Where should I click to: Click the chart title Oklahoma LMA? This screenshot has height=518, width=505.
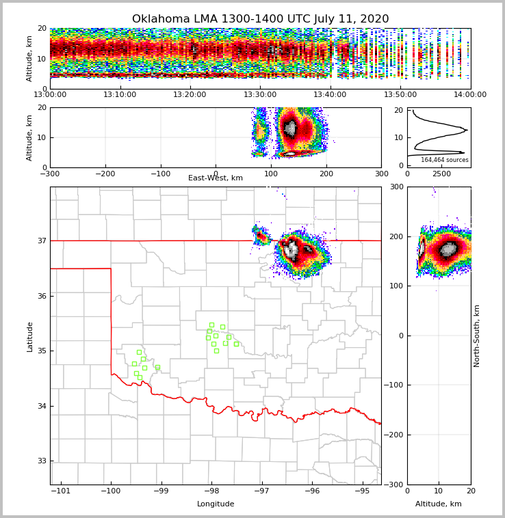260,19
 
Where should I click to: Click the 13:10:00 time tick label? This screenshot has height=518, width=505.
120,94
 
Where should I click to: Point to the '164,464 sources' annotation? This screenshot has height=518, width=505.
444,160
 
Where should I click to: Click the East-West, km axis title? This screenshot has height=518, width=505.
216,178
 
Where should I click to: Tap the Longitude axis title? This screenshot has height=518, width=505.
216,504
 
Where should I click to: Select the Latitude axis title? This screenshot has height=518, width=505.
29,336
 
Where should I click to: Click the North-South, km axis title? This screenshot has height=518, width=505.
477,336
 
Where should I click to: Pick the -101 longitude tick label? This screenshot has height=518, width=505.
61,491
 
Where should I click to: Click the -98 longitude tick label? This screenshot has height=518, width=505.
211,491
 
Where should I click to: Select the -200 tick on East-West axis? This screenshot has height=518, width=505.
105,174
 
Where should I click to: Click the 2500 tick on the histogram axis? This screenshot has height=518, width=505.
442,174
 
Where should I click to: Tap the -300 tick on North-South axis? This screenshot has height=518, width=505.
396,485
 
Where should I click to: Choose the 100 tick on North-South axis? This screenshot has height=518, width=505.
398,286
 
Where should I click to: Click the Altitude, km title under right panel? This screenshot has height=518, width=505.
439,504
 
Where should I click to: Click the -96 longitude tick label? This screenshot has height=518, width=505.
312,491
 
